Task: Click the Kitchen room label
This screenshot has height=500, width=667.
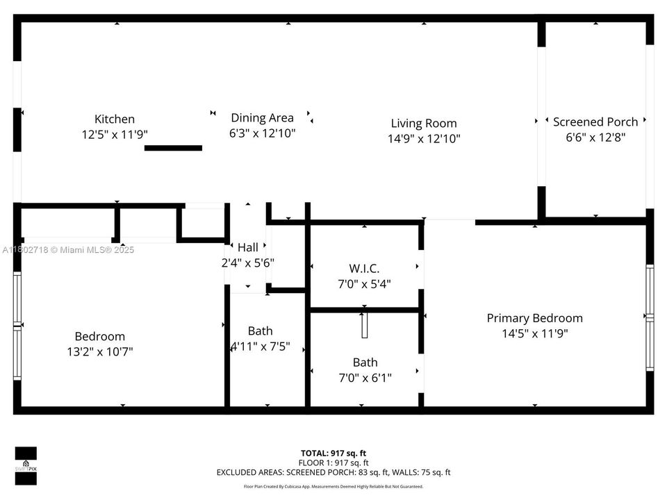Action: tap(115, 119)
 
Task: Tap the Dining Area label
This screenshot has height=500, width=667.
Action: tap(262, 117)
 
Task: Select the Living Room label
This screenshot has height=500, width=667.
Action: tap(423, 123)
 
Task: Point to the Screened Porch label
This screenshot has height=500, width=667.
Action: tap(595, 122)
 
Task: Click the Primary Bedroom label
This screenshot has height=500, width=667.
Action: tap(534, 318)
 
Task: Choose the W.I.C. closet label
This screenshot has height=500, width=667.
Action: tap(364, 268)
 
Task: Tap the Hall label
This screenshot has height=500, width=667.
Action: tap(247, 247)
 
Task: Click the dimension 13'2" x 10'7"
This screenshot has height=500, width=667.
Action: tap(104, 351)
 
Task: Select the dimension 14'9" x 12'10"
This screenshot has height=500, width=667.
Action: tap(423, 138)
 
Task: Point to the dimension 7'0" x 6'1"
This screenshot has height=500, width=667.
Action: tap(365, 378)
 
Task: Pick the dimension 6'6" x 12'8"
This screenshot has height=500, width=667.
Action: tap(595, 137)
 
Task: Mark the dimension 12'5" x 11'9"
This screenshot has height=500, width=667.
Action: tap(115, 134)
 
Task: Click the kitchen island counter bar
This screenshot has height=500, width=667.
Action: tap(173, 148)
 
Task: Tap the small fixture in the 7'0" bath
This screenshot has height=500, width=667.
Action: tap(364, 325)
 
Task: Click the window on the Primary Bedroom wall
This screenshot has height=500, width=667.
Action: tap(650, 317)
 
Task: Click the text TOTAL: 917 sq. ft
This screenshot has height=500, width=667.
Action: tap(333, 453)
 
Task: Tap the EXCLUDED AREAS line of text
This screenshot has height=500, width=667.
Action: tap(333, 472)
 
